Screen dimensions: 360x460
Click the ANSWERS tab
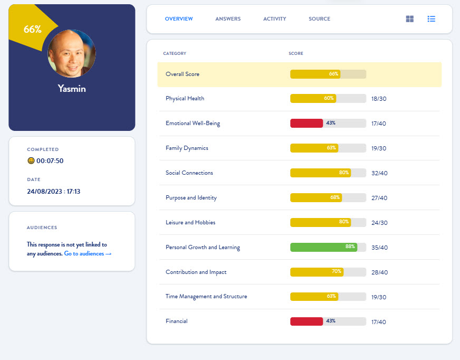tap(228, 19)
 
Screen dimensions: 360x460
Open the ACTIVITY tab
tap(274, 19)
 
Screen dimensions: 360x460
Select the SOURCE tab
tap(319, 19)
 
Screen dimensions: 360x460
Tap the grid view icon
tap(410, 19)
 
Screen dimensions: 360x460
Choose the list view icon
tap(432, 19)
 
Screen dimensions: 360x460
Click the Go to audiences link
tap(88, 254)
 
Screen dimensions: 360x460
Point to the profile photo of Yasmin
tap(72, 53)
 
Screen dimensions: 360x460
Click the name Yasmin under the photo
tap(72, 89)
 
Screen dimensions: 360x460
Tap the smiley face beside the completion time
tap(31, 161)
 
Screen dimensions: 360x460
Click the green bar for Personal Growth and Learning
tap(323, 247)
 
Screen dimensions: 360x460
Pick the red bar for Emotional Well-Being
tap(306, 123)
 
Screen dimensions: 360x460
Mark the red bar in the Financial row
tap(306, 321)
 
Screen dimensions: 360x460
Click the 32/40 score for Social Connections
tap(379, 173)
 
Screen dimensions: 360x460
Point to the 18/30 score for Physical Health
tap(379, 99)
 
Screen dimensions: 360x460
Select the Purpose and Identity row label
tap(191, 198)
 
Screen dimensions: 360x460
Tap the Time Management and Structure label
tap(206, 297)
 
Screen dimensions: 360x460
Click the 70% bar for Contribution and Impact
tap(317, 272)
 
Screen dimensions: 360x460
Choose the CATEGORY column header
tap(175, 53)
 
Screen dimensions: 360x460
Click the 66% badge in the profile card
tap(32, 30)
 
